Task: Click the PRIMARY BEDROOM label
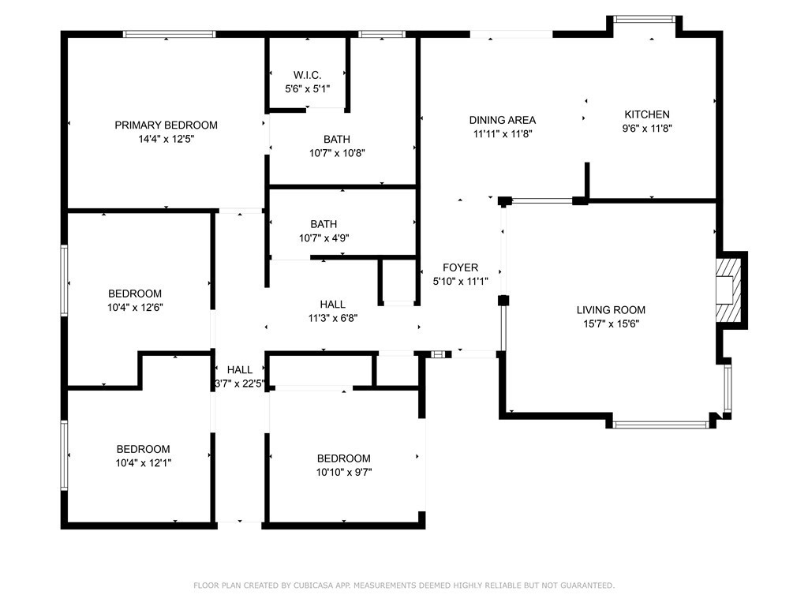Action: pyautogui.click(x=166, y=125)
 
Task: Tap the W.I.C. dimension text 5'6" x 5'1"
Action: pyautogui.click(x=308, y=88)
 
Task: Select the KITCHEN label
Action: pyautogui.click(x=647, y=114)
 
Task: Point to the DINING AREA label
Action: pyautogui.click(x=503, y=120)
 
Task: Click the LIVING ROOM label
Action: pyautogui.click(x=611, y=309)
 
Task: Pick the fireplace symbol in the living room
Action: pyautogui.click(x=728, y=290)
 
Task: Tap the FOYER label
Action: pyautogui.click(x=461, y=267)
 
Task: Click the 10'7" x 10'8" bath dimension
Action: pyautogui.click(x=337, y=153)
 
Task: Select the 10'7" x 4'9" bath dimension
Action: pyautogui.click(x=324, y=238)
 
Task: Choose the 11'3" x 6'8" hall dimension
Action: pyautogui.click(x=333, y=318)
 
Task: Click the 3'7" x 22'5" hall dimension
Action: pyautogui.click(x=240, y=383)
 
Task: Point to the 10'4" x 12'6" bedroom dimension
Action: pyautogui.click(x=135, y=308)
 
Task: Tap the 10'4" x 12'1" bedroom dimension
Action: pyautogui.click(x=144, y=462)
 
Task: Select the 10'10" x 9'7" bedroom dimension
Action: pyautogui.click(x=344, y=472)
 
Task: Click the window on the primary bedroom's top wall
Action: pyautogui.click(x=169, y=34)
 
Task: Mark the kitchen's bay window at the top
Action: pyautogui.click(x=644, y=20)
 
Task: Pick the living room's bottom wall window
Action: pyautogui.click(x=660, y=425)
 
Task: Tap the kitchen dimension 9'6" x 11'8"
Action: pyautogui.click(x=647, y=129)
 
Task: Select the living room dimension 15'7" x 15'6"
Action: pyautogui.click(x=611, y=324)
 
